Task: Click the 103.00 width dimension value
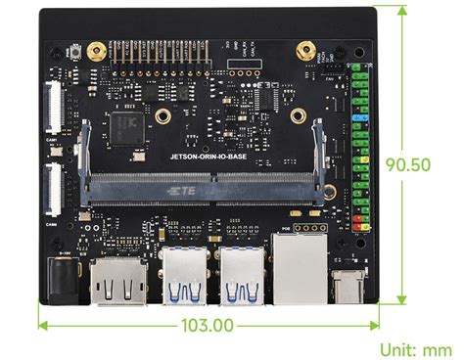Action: [208, 324]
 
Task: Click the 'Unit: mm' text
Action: [415, 348]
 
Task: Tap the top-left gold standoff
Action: [95, 49]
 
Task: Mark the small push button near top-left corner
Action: [75, 51]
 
